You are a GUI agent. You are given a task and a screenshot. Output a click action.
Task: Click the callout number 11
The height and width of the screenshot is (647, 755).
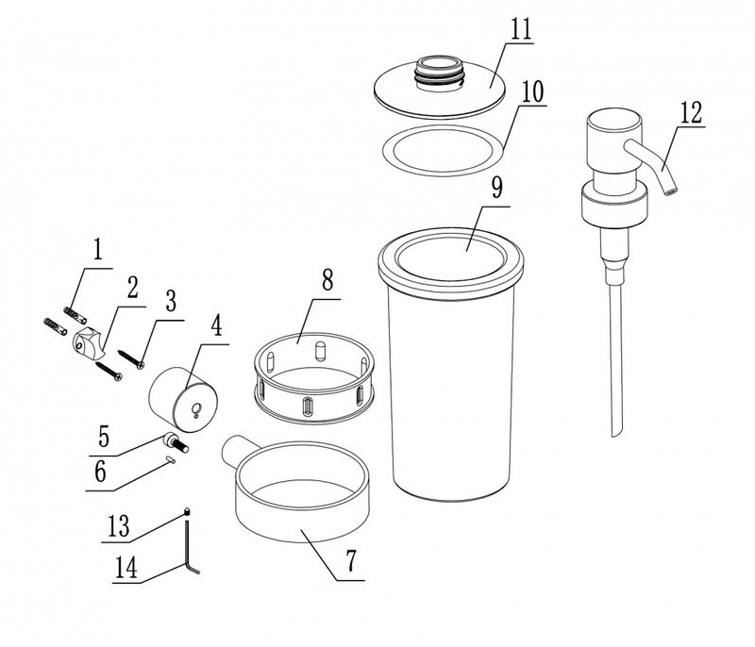pos(521,29)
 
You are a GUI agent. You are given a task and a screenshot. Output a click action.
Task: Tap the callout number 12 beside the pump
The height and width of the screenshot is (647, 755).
pos(691,113)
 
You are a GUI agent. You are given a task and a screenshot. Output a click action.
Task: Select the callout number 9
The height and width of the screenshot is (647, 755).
pos(497,188)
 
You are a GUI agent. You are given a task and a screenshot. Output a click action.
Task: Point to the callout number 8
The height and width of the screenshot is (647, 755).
pos(327,280)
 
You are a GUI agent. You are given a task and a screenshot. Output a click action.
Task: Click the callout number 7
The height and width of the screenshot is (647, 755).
pos(351,560)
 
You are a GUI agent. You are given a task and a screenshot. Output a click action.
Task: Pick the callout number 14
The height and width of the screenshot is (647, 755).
pos(126,568)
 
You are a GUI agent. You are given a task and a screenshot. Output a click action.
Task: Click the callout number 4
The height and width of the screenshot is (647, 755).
pos(217,325)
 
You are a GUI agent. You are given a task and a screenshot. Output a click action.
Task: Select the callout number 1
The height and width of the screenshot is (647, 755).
pos(98,250)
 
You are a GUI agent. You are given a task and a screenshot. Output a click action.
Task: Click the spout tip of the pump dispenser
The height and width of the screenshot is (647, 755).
pos(670,191)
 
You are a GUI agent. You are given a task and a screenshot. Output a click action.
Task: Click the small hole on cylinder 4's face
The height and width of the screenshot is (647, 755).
pos(195,409)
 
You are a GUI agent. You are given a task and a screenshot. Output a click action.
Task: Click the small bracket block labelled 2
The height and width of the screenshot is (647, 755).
pos(89,342)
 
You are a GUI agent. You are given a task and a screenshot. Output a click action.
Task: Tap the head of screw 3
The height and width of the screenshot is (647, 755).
pos(141,366)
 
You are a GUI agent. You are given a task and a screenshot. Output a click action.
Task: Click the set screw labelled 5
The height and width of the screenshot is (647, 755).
pos(176,441)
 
